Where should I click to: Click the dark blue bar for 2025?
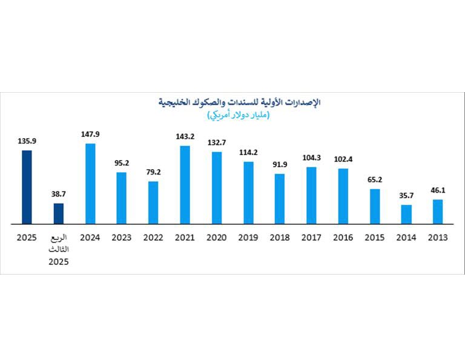pyautogui.click(x=27, y=187)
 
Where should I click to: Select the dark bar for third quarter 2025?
pyautogui.click(x=58, y=213)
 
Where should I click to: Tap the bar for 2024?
pyautogui.click(x=90, y=184)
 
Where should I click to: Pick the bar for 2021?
pyautogui.click(x=185, y=185)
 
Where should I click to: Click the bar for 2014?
pyautogui.click(x=406, y=214)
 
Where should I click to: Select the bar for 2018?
pyautogui.click(x=279, y=199)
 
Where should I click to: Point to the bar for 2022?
pyautogui.click(x=153, y=202)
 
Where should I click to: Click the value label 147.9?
pyautogui.click(x=90, y=135)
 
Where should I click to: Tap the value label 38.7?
pyautogui.click(x=58, y=195)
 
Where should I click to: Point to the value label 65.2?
pyautogui.click(x=375, y=180)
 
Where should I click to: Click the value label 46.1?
pyautogui.click(x=438, y=191)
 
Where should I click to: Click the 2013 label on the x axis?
pyautogui.click(x=438, y=238)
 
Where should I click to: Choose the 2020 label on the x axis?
pyautogui.click(x=216, y=238)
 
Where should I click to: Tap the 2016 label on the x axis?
pyautogui.click(x=343, y=238)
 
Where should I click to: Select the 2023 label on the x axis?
pyautogui.click(x=122, y=238)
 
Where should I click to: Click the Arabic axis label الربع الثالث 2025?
pyautogui.click(x=59, y=249)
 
